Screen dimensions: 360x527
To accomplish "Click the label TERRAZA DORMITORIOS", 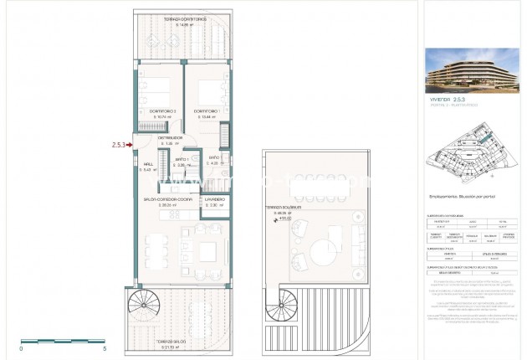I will tap(184, 18).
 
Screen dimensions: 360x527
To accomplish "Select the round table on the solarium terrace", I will tap(322, 252).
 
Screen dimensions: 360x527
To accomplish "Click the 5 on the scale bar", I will tap(104, 348).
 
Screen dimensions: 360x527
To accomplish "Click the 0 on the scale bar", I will tap(22, 348).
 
